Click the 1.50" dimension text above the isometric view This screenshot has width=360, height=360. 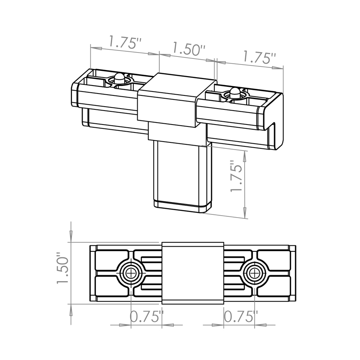coord(188,50)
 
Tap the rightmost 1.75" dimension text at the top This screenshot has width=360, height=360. coord(259,58)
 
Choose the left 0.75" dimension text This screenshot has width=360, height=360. coord(146,317)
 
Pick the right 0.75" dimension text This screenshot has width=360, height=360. coord(240,317)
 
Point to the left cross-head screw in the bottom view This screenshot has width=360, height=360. coord(130,273)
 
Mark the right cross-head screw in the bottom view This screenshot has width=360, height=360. coord(253,273)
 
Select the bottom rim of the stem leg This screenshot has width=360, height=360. coord(182,206)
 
